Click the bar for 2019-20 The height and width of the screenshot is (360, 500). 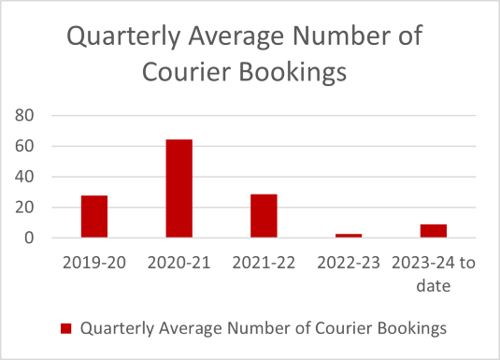pos(93,216)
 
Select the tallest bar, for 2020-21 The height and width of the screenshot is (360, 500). pos(179,188)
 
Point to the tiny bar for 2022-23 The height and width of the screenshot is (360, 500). pos(349,236)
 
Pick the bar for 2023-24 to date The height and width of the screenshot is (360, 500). pos(433,231)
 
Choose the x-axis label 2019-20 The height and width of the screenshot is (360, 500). pos(93,263)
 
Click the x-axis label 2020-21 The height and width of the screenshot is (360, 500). pos(179,263)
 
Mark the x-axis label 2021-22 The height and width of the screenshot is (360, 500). pos(264,263)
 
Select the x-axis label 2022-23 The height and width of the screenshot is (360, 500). pos(349,263)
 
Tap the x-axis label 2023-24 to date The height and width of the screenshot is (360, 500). pos(434,273)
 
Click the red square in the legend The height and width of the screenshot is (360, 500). pos(65,328)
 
